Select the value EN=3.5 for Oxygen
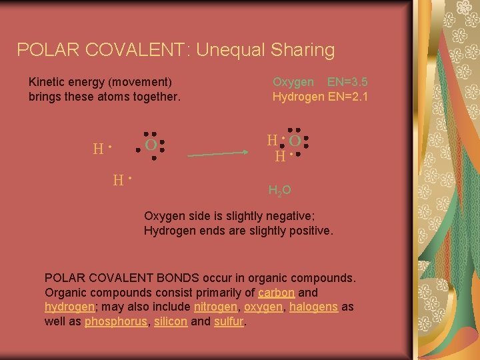[348, 82]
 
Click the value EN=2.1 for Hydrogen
[348, 97]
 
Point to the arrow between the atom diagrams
[217, 154]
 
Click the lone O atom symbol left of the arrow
[151, 145]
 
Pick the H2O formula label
[279, 191]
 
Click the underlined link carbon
[276, 292]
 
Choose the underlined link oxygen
[263, 307]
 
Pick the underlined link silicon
[170, 321]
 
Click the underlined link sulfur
[229, 321]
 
